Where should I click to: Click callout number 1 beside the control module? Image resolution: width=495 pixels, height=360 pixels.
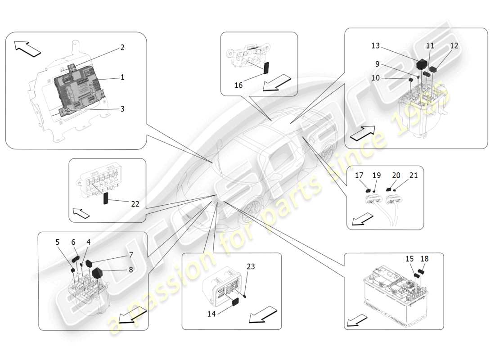point(122,77)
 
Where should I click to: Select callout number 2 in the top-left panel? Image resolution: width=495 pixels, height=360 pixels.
point(122,47)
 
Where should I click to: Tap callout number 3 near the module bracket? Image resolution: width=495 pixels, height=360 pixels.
point(122,108)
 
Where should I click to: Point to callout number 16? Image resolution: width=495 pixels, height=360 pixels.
point(238,85)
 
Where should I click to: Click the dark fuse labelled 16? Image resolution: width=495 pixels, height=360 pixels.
point(266,67)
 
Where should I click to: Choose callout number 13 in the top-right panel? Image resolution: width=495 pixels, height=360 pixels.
point(375,46)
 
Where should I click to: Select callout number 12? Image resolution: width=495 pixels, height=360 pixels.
point(454,46)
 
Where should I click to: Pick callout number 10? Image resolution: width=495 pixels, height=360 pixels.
point(375,78)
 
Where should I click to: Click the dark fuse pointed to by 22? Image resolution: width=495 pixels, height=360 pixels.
point(107,198)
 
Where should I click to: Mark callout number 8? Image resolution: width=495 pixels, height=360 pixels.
point(131,270)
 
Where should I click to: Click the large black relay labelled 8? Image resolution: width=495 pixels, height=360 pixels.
point(98,273)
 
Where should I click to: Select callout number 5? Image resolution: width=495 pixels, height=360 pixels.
point(58,242)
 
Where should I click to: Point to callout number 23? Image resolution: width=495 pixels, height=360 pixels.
point(250,266)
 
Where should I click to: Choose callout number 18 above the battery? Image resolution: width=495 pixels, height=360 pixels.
point(424,259)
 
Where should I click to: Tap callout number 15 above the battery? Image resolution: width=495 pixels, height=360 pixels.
point(409,259)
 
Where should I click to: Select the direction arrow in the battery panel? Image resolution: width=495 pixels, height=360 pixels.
point(356,320)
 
